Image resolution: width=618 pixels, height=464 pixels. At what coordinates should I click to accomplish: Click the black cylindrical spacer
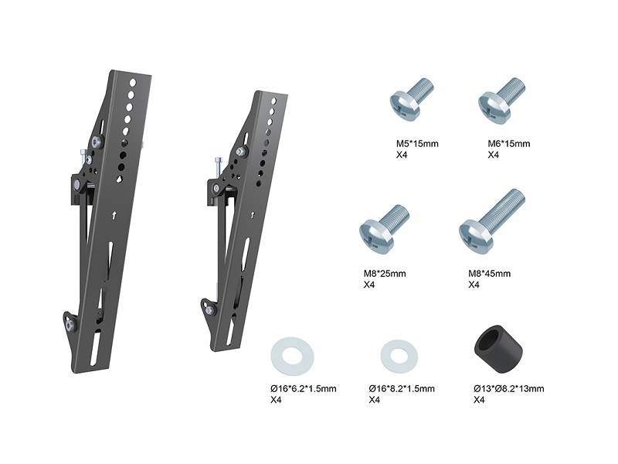click(x=497, y=350)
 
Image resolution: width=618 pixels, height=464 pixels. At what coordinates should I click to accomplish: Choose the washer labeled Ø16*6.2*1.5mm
click(x=292, y=357)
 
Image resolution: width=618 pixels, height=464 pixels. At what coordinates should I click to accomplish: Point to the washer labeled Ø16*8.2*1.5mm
click(x=399, y=357)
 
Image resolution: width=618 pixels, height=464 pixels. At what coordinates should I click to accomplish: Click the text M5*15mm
click(x=417, y=144)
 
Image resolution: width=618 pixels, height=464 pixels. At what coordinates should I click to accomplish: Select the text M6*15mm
click(x=509, y=144)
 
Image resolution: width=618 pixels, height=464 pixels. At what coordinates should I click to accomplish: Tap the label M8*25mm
click(x=384, y=274)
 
